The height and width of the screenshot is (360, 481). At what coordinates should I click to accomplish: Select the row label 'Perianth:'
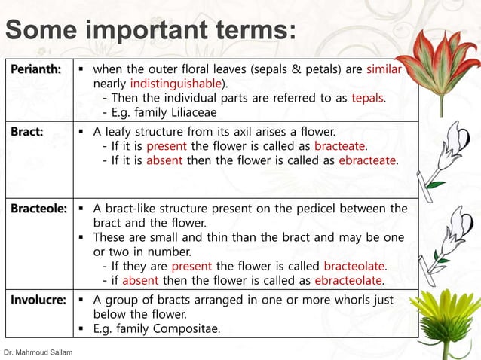pos(36,69)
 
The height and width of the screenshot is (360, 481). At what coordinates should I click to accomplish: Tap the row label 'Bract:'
pos(26,131)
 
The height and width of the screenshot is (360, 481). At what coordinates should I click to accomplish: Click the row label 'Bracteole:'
pos(38,208)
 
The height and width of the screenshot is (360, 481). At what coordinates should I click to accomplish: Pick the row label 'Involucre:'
pos(38,299)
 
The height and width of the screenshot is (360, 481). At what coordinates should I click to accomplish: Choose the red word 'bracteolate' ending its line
pos(354,266)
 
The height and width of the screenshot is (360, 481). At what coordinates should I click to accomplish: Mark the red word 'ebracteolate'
pos(348,281)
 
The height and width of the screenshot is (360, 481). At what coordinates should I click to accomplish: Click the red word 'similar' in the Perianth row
pos(384,69)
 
